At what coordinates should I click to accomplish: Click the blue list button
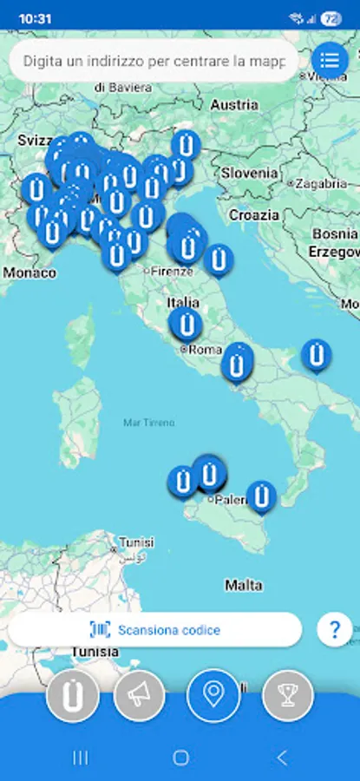(329, 60)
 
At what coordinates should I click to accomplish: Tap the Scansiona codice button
(155, 630)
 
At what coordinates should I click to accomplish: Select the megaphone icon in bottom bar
(140, 695)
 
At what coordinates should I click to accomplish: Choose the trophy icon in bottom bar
(288, 695)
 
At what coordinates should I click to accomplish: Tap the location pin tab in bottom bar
(213, 695)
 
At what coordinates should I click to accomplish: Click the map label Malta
(244, 586)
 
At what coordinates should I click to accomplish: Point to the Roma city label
(205, 350)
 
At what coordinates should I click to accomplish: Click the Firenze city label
(171, 272)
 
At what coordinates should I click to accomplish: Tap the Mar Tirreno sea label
(148, 423)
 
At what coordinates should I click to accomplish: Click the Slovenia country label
(250, 173)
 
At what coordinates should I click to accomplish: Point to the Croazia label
(254, 214)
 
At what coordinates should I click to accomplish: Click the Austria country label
(234, 104)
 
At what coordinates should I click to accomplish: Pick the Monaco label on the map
(29, 272)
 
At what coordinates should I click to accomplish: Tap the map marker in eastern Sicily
(261, 496)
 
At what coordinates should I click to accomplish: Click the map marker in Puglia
(316, 355)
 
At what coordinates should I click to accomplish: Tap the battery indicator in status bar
(331, 17)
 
